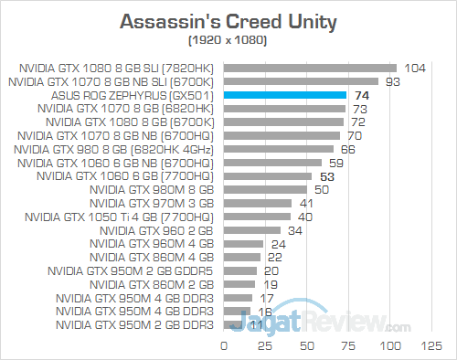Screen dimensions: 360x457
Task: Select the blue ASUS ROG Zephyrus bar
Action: pyautogui.click(x=283, y=94)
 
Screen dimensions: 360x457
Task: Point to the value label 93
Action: pyautogui.click(x=395, y=80)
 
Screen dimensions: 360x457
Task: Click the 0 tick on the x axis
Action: pyautogui.click(x=223, y=346)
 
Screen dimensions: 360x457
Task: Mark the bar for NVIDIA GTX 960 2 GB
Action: pyautogui.click(x=250, y=230)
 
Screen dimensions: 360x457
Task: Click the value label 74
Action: pyautogui.click(x=362, y=94)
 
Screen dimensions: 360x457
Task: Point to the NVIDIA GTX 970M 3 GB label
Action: pyautogui.click(x=153, y=203)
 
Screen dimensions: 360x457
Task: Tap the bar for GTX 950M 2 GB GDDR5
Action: pyautogui.click(x=239, y=270)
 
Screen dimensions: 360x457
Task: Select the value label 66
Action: pyautogui.click(x=348, y=149)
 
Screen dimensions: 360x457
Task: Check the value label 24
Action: pyautogui.click(x=278, y=244)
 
